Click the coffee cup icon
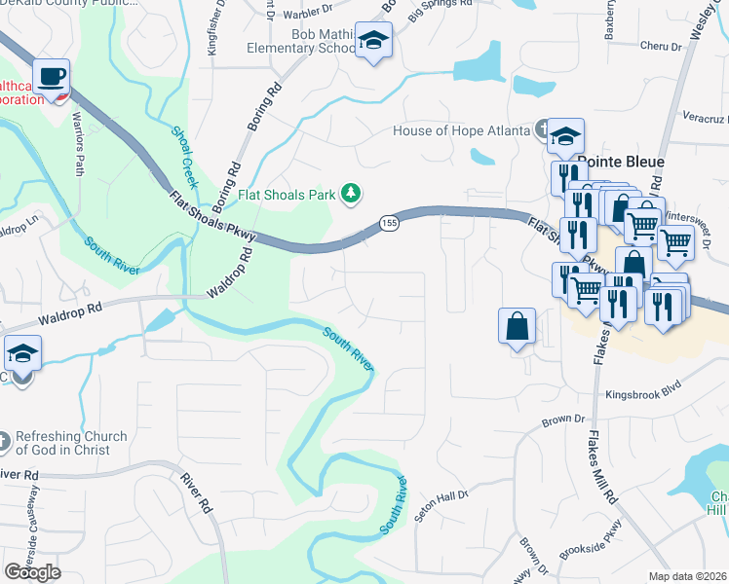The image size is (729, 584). coord(51,75)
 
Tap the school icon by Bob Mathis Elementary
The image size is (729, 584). coord(371,41)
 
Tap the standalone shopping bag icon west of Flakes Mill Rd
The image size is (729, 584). coord(517,326)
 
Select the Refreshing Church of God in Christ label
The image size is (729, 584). coord(70,443)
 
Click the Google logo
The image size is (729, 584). coord(32,572)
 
